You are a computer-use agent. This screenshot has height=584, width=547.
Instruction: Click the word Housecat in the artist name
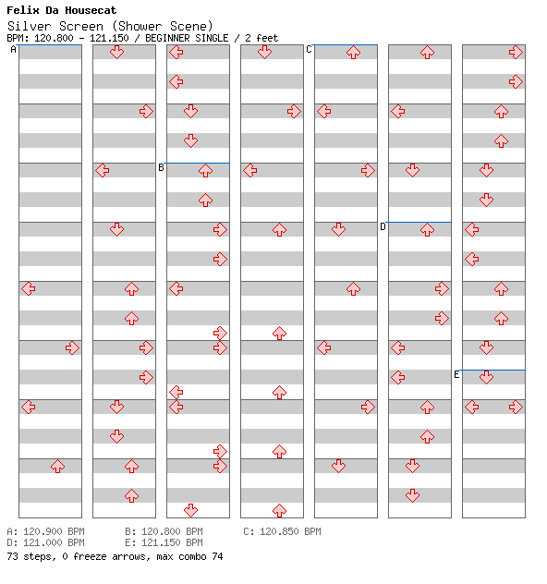coord(91,10)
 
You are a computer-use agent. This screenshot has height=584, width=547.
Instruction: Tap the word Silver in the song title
coord(29,27)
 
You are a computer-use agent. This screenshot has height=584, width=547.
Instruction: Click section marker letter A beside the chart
coord(14,50)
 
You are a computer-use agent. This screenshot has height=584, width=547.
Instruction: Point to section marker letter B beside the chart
coord(161,167)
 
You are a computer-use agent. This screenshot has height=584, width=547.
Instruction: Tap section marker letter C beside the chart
coord(309,50)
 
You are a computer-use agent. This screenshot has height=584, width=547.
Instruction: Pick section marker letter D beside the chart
coord(383,226)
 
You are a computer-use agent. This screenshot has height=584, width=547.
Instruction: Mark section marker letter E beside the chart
coord(456,374)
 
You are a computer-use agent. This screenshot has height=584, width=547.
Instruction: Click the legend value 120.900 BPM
coord(54,531)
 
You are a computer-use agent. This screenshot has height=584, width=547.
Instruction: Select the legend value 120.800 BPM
coord(172,531)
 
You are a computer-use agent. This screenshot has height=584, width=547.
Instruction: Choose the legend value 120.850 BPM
coord(290,531)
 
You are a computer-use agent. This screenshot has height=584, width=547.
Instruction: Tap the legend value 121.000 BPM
coord(54,542)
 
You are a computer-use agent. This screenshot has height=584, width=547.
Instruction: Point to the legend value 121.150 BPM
coord(172,542)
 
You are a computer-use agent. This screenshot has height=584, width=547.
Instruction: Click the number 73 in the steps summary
coord(12,556)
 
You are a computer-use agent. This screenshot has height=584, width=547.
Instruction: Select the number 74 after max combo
coord(217,556)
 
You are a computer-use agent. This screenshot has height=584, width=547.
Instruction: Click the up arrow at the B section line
coord(205,171)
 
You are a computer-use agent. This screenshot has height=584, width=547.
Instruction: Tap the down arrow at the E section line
coord(486,377)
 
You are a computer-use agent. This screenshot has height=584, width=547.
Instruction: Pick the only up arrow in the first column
coord(57,466)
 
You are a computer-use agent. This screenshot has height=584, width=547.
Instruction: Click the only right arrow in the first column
coord(72,347)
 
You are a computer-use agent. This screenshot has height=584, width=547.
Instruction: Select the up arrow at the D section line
coord(427,229)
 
